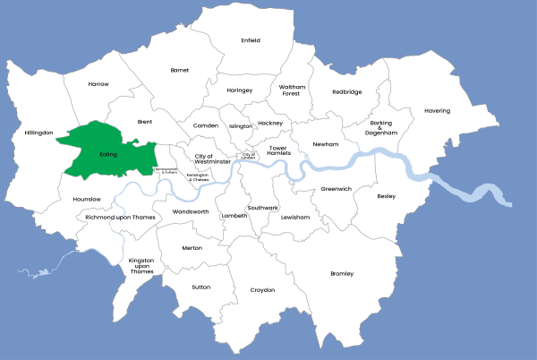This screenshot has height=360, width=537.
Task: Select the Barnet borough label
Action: [180, 69]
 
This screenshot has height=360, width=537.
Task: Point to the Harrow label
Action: [98, 83]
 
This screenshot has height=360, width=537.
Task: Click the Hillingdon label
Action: [39, 132]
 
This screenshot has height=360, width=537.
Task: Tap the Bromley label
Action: [342, 273]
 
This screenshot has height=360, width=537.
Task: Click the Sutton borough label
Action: [201, 287]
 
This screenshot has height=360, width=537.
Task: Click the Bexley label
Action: [387, 195]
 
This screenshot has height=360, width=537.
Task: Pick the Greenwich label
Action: [337, 189]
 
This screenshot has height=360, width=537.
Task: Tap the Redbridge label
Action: [347, 91]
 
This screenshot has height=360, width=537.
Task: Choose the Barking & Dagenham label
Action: [379, 128]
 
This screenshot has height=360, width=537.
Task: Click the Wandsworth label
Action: [190, 211]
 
